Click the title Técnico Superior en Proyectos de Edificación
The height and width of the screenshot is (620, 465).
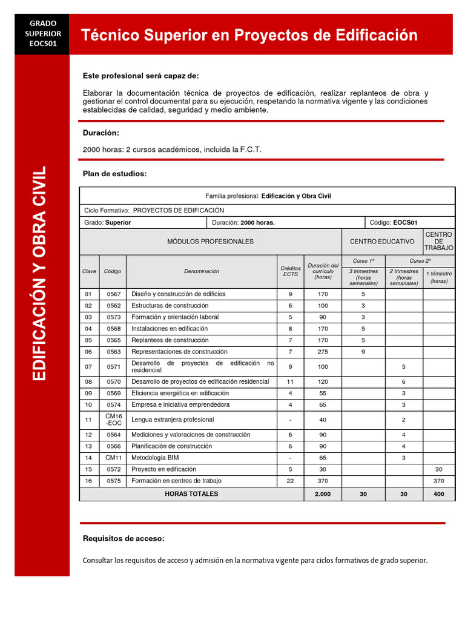(249, 35)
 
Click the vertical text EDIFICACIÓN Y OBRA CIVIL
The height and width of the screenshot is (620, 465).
(40, 273)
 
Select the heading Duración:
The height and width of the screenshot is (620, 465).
(101, 133)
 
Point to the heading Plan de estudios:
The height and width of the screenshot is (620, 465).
(114, 174)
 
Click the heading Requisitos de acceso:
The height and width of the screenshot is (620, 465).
(124, 538)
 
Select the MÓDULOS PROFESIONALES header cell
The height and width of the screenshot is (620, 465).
(210, 242)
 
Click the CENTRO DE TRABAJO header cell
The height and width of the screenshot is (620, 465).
(438, 242)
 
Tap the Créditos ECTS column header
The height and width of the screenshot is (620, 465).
(290, 271)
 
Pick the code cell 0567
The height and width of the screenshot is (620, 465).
(113, 294)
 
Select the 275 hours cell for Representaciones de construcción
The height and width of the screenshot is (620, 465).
(323, 352)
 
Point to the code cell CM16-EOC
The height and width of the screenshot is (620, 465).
(113, 420)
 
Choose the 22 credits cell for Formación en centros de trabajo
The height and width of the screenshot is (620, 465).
(290, 481)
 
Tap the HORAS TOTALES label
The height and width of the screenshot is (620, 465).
(191, 494)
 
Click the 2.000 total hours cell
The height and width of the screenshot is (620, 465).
(323, 494)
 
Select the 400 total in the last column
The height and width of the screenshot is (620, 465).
(438, 494)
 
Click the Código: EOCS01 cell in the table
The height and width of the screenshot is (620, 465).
(409, 222)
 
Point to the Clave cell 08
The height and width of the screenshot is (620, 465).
(89, 382)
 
